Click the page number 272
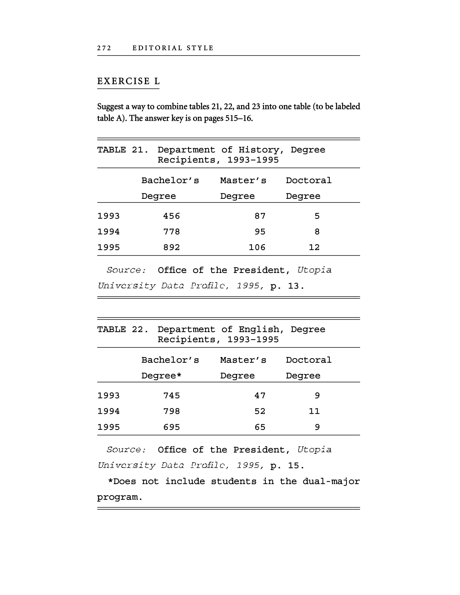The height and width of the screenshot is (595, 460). [x=104, y=48]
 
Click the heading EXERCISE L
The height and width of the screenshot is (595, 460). [x=128, y=81]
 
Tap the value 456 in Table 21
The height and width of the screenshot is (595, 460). [x=172, y=216]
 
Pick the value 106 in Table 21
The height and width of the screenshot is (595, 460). [x=257, y=247]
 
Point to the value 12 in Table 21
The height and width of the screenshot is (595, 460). [x=314, y=247]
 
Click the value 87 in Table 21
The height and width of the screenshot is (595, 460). [x=260, y=216]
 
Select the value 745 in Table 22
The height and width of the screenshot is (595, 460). [x=172, y=396]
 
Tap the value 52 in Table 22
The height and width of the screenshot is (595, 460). [x=260, y=411]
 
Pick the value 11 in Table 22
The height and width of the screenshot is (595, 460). [x=314, y=411]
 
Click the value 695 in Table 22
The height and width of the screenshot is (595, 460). [x=172, y=427]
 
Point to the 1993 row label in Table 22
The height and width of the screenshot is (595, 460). [x=108, y=396]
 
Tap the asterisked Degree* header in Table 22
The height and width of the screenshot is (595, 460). [x=161, y=376]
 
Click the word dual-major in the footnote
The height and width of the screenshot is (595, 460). [x=331, y=481]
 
